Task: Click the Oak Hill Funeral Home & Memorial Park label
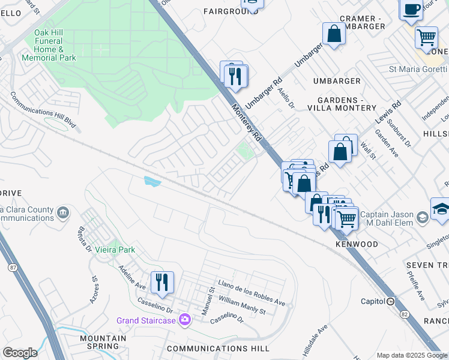(x=49, y=45)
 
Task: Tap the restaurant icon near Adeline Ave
(x=162, y=282)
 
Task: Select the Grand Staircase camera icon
(x=185, y=320)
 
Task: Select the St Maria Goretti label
(x=418, y=69)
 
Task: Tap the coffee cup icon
(x=412, y=9)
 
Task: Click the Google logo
(x=20, y=353)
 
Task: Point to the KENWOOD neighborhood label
(x=357, y=245)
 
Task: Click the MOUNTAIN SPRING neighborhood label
(x=102, y=342)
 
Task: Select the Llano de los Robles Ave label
(x=251, y=292)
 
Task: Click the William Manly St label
(x=242, y=304)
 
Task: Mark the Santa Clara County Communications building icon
(x=62, y=213)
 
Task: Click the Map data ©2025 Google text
(x=412, y=355)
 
